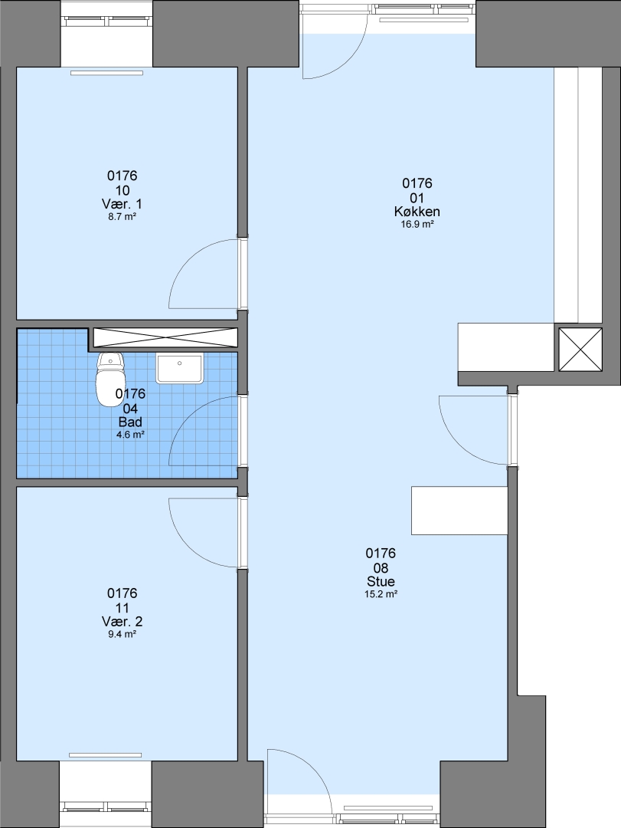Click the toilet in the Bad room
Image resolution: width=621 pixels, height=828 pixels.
[x=110, y=379]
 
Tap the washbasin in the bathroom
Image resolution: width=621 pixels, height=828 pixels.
[x=179, y=369]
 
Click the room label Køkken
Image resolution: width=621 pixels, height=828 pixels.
[x=417, y=212]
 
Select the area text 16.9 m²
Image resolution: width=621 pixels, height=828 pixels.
[x=417, y=225]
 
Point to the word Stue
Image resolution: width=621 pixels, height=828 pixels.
[x=381, y=582]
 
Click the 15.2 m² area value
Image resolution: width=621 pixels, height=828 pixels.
[x=381, y=594]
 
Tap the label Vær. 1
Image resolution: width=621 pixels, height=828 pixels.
[x=122, y=204]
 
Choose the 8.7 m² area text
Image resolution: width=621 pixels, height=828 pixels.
[x=122, y=216]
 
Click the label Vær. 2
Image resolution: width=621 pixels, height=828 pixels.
[x=122, y=622]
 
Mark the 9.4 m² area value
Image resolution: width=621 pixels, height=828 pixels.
[x=122, y=634]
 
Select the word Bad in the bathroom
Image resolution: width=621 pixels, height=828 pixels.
[x=130, y=422]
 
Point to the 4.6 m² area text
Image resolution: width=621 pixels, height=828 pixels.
[x=130, y=435]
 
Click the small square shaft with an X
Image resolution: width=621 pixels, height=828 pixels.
[x=580, y=350]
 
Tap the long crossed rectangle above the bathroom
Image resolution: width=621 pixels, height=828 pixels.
[x=165, y=337]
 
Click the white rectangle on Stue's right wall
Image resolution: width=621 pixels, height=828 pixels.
[x=459, y=511]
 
